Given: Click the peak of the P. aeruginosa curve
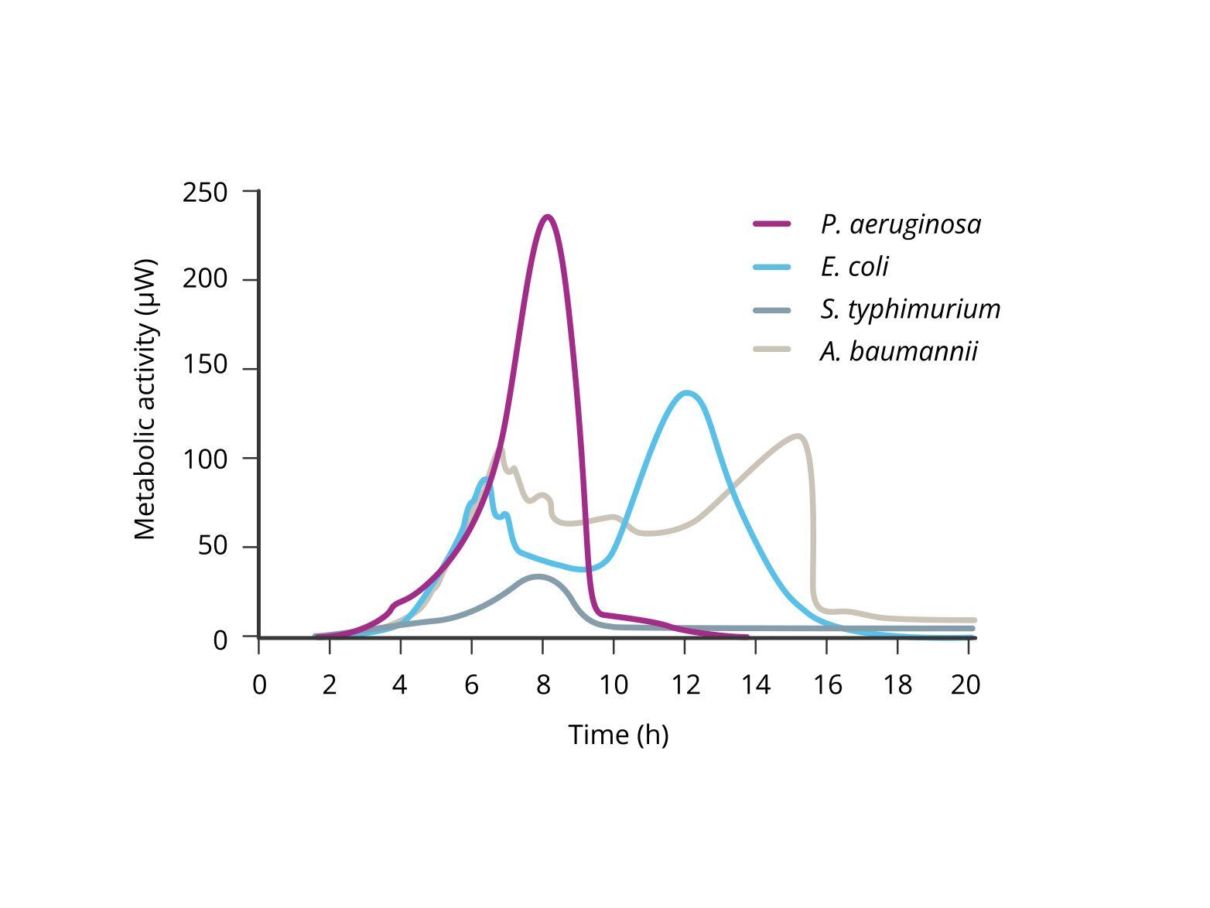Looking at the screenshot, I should coord(548,217).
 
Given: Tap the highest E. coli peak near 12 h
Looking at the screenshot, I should coord(686,393).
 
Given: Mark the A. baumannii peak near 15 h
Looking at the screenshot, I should coord(798,436).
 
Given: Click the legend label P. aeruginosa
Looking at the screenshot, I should coord(901,224).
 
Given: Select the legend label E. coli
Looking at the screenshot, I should coord(854,266).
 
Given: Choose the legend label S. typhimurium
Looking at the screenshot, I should coord(910,309).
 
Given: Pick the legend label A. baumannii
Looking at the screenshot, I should coord(899,351).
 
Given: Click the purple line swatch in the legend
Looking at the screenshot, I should coord(772,224).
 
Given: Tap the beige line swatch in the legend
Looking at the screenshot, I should coord(772,350).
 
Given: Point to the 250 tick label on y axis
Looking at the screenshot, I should coord(205,192).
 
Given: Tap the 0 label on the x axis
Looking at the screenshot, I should coord(259,684).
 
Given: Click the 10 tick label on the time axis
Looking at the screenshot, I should coord(614,684).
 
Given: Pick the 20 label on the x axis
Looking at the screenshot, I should coord(966,684).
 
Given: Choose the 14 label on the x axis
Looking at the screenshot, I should coord(755,684).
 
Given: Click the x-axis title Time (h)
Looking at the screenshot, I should coord(618,734).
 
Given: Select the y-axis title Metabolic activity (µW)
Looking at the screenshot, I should coord(145,399).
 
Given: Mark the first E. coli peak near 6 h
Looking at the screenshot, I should coord(485,480).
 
